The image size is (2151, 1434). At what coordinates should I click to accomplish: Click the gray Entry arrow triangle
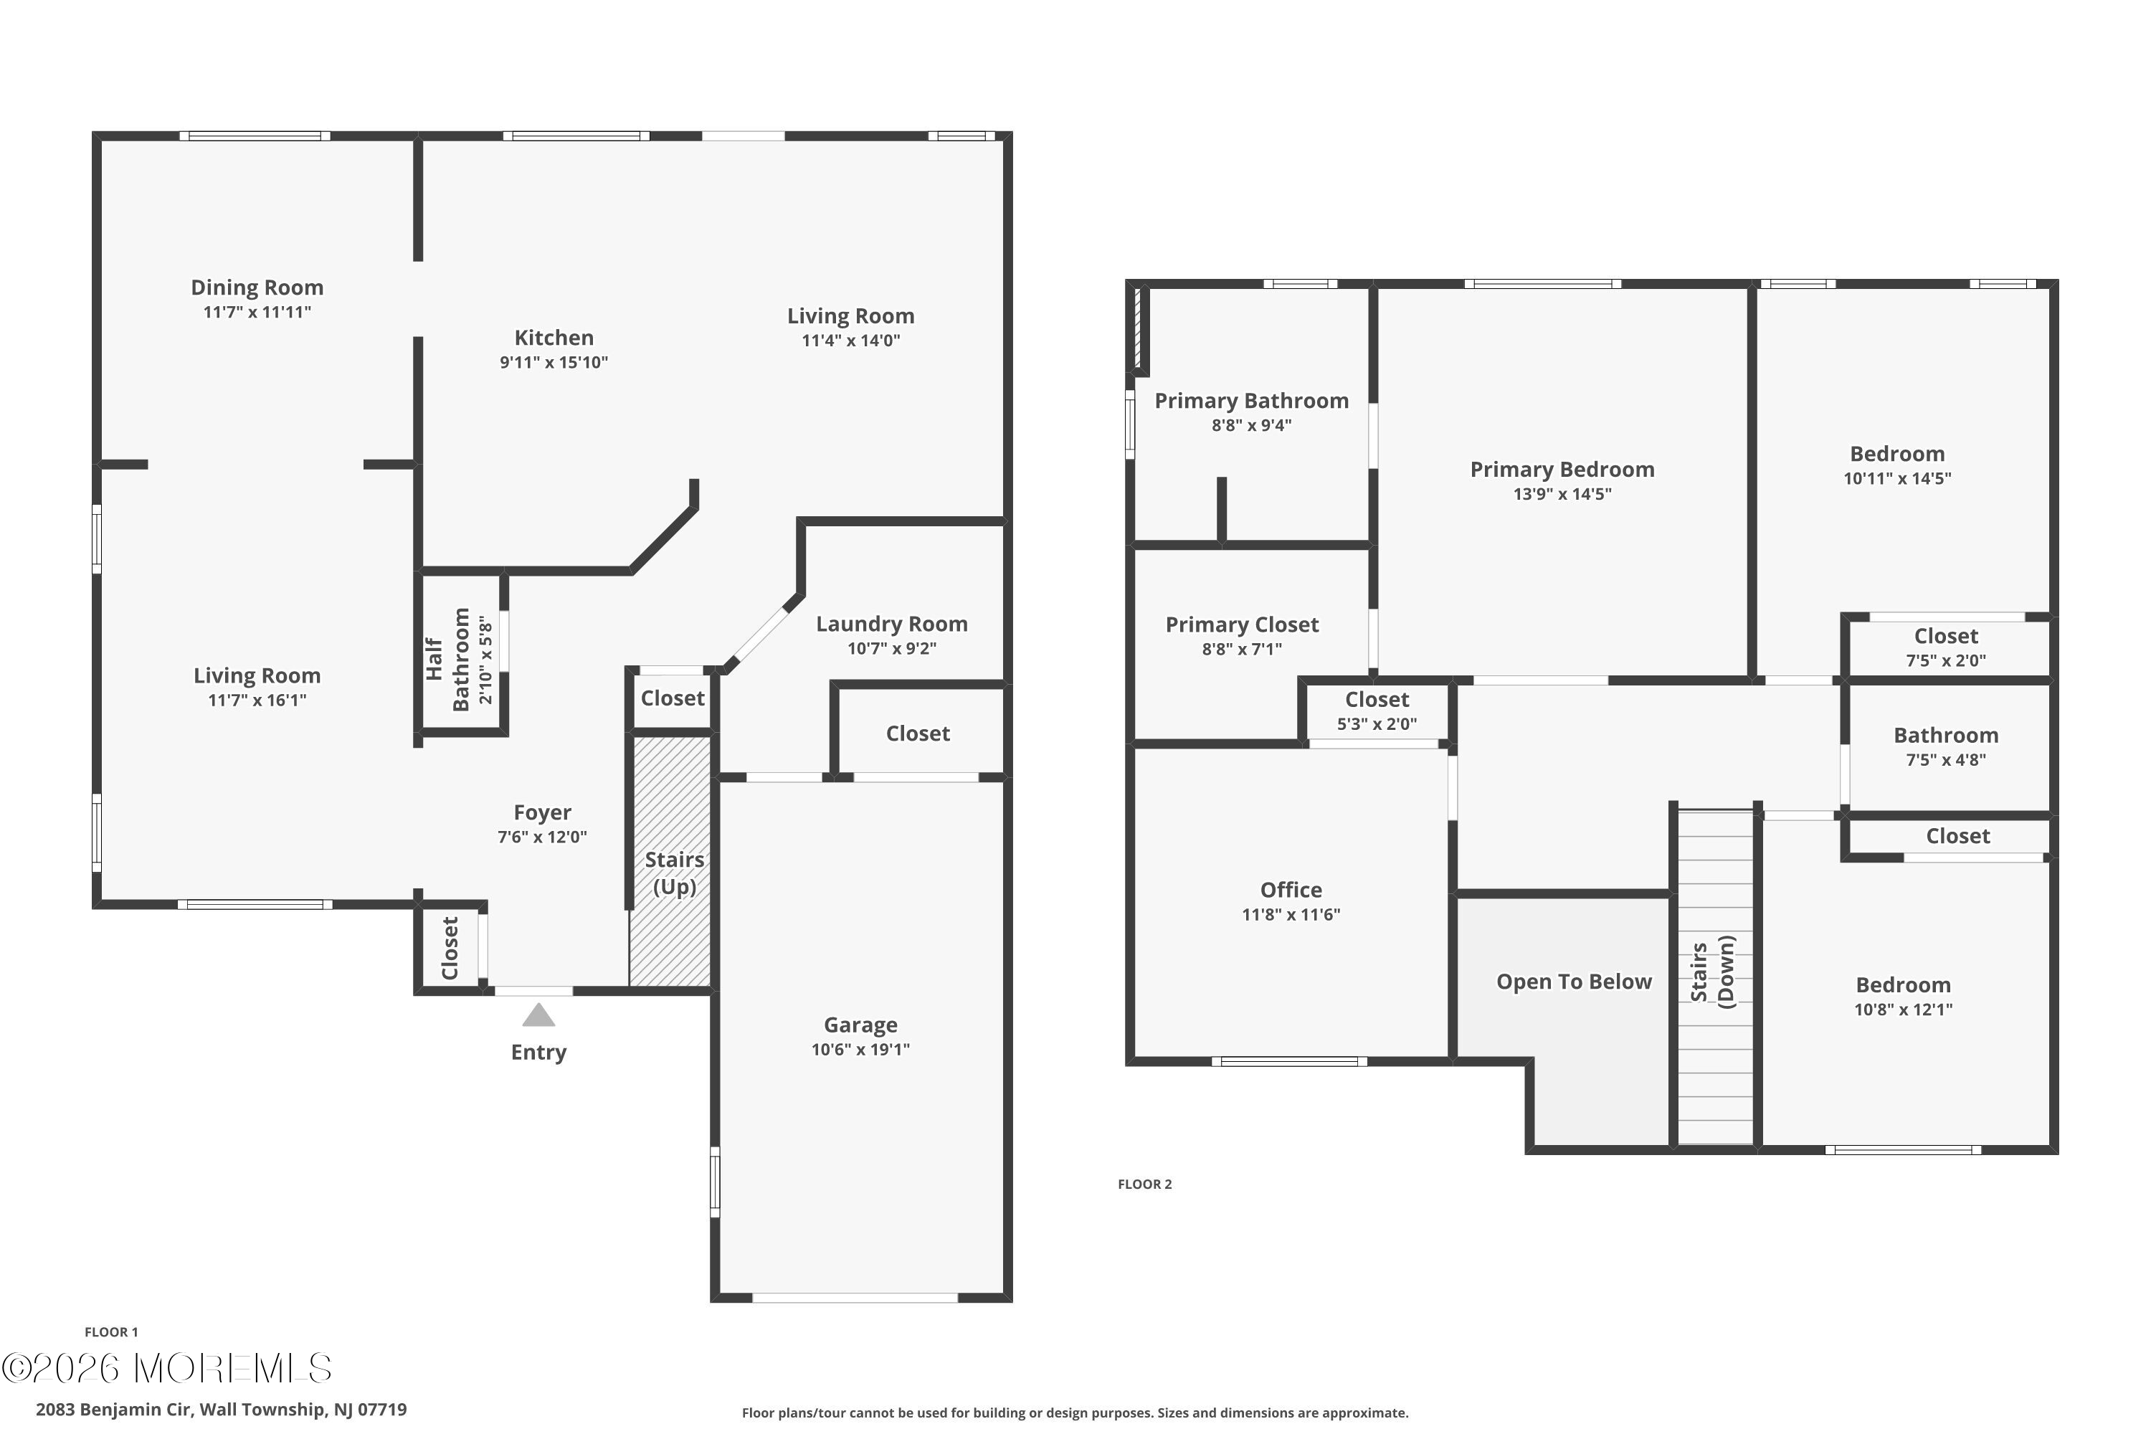[x=538, y=1015]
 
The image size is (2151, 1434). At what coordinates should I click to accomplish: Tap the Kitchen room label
[x=554, y=338]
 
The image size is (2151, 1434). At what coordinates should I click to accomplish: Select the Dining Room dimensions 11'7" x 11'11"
[x=257, y=312]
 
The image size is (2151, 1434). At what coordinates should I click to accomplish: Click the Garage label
[x=860, y=1025]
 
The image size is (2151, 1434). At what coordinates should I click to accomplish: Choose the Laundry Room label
[x=892, y=624]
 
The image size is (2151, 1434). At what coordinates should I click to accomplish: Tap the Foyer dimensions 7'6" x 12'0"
[x=542, y=837]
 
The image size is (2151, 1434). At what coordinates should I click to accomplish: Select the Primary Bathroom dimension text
[x=1251, y=425]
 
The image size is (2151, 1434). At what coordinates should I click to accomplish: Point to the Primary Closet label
[x=1242, y=625]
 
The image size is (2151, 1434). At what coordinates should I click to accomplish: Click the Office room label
[x=1291, y=890]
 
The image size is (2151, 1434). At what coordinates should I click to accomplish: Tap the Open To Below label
[x=1574, y=982]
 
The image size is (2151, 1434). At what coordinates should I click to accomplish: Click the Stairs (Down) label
[x=1713, y=972]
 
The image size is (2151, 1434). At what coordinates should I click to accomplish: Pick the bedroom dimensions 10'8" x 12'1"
[x=1903, y=1010]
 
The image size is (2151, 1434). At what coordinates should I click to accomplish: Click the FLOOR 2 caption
[x=1144, y=1184]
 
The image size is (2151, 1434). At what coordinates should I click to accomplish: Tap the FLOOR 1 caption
[x=112, y=1332]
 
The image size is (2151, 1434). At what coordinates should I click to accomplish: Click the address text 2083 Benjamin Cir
[x=113, y=1410]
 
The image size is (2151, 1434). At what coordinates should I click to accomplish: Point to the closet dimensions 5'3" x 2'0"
[x=1377, y=724]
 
